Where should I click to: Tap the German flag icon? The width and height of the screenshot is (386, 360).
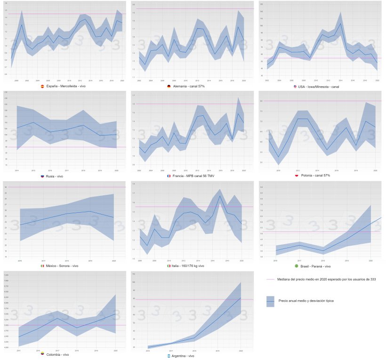tap(169, 87)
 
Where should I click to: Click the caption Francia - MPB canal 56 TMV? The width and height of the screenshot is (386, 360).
tap(193, 176)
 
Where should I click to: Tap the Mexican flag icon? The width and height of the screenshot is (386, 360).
tap(42, 266)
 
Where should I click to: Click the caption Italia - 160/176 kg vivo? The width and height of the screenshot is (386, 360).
tap(189, 266)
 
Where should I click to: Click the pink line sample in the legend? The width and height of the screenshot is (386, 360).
tap(270, 279)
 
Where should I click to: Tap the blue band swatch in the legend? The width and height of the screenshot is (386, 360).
tap(270, 301)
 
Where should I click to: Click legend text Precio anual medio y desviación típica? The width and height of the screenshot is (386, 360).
tap(306, 300)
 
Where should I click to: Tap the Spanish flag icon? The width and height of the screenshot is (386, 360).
tap(42, 87)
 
